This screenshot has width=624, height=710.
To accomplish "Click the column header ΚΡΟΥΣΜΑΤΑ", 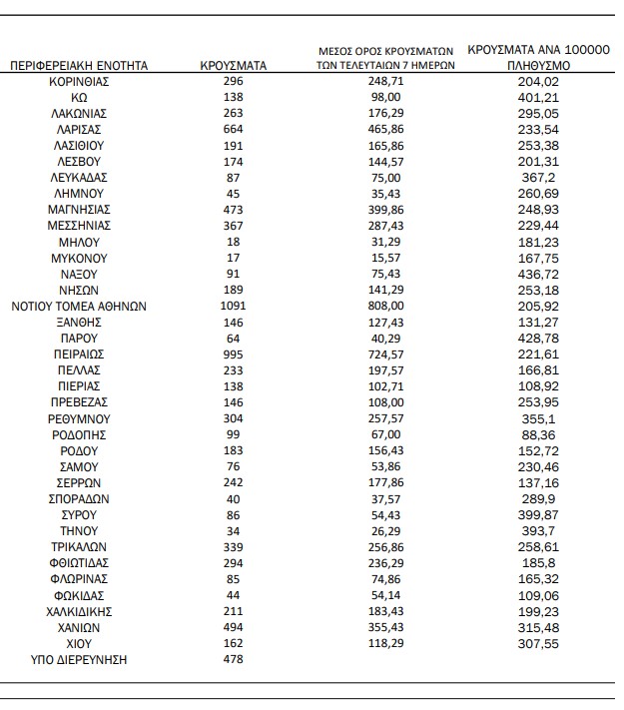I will (x=233, y=65).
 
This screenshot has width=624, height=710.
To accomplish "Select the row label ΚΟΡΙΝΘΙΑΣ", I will (x=79, y=82).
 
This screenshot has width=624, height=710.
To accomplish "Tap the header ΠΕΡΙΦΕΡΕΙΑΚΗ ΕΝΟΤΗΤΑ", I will (x=79, y=65).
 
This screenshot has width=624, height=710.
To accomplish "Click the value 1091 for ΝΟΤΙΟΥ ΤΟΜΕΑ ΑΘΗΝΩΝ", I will (x=233, y=306).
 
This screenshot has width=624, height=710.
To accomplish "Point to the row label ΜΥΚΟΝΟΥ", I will (x=79, y=258).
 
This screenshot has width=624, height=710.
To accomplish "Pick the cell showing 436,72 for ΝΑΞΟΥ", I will (x=539, y=274).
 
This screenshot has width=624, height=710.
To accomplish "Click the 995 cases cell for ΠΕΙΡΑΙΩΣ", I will (x=233, y=354).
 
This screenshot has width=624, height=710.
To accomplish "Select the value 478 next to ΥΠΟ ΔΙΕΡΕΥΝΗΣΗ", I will (x=233, y=659).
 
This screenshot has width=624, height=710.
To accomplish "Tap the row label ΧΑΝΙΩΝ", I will (x=79, y=627).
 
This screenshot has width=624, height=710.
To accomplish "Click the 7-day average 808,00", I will (x=384, y=306).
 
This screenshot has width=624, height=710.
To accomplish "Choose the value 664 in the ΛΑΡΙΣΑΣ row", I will (x=233, y=130).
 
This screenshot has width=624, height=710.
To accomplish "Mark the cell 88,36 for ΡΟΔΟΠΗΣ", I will (x=539, y=434).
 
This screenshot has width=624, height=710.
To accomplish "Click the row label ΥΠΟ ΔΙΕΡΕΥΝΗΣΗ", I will (x=79, y=659).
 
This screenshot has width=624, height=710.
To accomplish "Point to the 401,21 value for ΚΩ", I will (x=539, y=98).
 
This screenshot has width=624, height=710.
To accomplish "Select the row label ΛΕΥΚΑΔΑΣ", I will (x=79, y=178).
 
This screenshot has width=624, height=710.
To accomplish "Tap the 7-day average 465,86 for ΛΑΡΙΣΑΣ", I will (x=384, y=130).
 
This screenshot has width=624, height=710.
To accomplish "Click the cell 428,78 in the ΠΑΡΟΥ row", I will (x=539, y=338).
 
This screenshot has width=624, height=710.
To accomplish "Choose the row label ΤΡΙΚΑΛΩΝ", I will (x=79, y=546).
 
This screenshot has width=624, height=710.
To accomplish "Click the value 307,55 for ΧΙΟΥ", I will (x=539, y=643).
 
